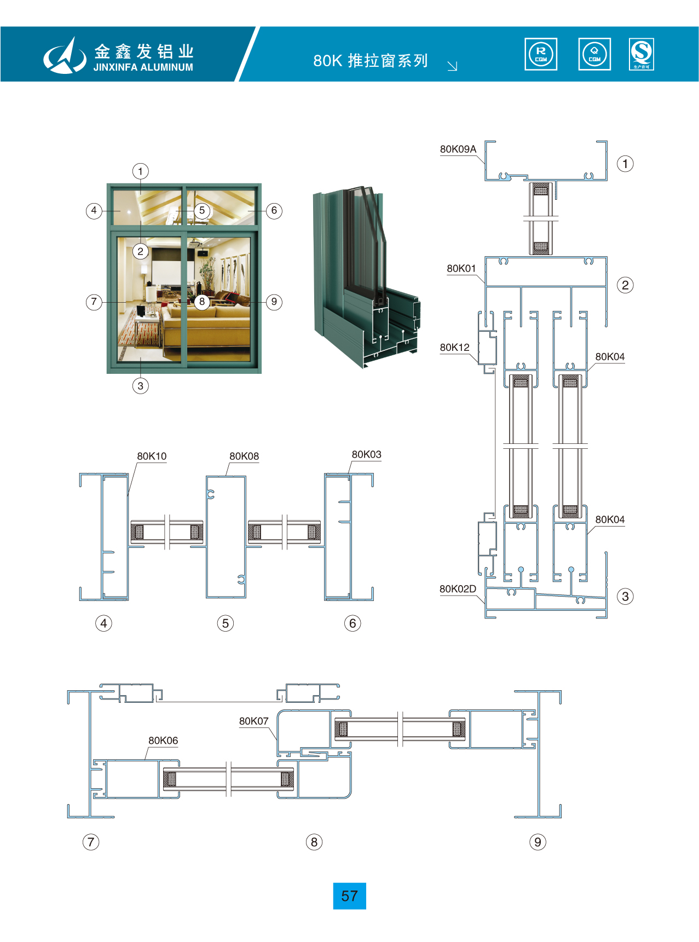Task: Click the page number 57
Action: tap(349, 896)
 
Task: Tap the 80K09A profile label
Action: tap(458, 149)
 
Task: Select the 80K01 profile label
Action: tap(461, 269)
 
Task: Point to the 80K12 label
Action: tap(455, 348)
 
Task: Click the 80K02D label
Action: tap(458, 589)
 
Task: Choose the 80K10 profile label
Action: tap(152, 456)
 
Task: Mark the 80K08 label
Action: tap(244, 456)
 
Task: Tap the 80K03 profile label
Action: tap(367, 455)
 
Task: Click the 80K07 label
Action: tap(254, 721)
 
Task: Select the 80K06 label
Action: tap(163, 741)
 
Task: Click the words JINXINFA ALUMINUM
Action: tap(143, 67)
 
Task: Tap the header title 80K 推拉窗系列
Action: tap(371, 61)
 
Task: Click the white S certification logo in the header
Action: tap(642, 54)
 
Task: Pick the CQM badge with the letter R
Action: tap(541, 54)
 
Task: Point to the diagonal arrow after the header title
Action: tap(452, 66)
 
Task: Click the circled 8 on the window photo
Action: tap(202, 302)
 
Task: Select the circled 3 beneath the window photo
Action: tap(141, 386)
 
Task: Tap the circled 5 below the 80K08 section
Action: tap(226, 623)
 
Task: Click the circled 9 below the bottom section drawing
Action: tap(538, 842)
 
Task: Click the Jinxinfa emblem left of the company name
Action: tap(65, 56)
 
